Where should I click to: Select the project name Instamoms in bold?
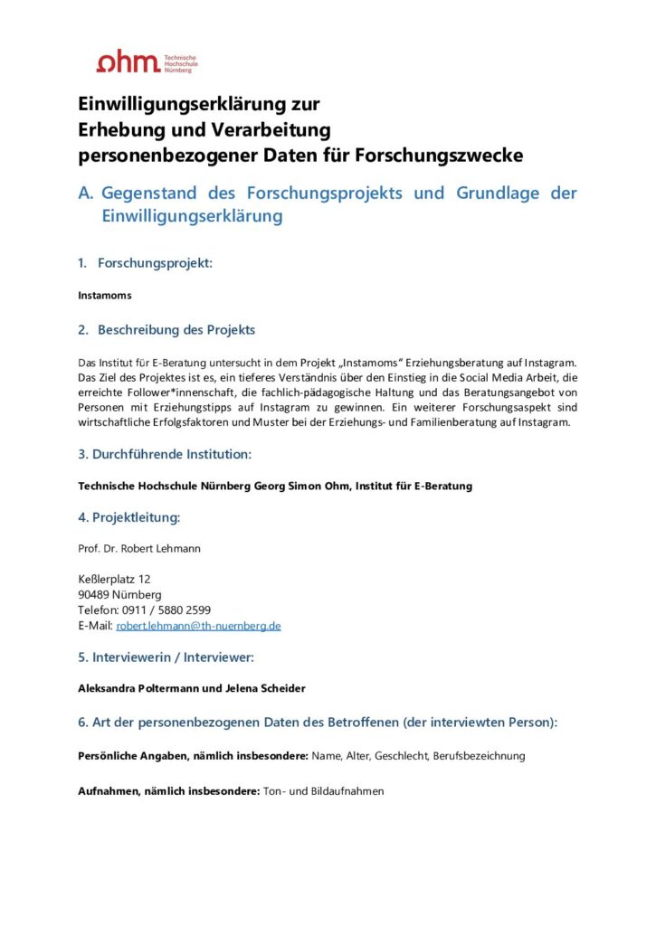(x=104, y=295)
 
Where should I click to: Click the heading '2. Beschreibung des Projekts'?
(x=166, y=329)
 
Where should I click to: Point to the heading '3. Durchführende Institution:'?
(x=165, y=454)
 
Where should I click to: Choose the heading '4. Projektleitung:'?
(x=129, y=517)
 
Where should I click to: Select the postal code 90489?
(x=95, y=594)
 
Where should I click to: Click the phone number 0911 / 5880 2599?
(x=166, y=609)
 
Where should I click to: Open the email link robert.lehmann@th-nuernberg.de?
(x=198, y=625)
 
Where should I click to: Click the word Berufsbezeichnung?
(x=479, y=755)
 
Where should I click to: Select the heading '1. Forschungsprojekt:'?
(x=145, y=263)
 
